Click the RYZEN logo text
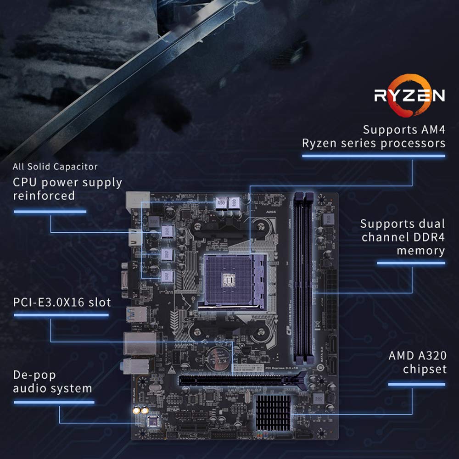point(410,95)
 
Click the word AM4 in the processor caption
point(430,129)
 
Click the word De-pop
point(34,375)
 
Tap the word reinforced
point(44,196)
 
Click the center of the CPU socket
point(229,277)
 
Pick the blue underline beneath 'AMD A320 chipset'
point(417,384)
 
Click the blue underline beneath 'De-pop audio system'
point(54,403)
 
